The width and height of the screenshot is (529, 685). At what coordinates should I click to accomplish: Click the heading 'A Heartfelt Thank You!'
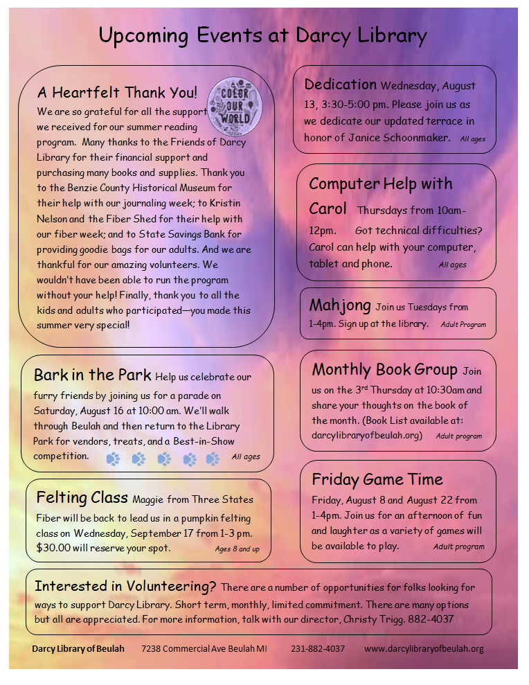click(117, 93)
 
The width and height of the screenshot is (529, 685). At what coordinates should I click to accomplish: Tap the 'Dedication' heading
click(340, 84)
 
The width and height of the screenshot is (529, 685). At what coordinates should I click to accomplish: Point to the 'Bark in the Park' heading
click(92, 375)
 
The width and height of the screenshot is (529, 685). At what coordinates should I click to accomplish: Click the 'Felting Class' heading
click(82, 498)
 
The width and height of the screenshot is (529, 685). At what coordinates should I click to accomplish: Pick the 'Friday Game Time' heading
click(377, 479)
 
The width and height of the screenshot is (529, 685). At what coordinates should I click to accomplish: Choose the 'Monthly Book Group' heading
click(384, 369)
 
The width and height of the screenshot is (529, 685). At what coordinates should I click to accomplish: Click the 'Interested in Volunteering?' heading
click(125, 586)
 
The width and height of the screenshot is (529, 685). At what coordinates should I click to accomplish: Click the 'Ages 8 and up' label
click(237, 549)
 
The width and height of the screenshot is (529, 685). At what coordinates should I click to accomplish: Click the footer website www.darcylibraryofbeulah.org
click(424, 649)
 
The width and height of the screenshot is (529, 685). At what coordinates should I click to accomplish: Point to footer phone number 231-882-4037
click(318, 649)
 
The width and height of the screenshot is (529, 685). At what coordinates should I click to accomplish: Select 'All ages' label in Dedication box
click(472, 139)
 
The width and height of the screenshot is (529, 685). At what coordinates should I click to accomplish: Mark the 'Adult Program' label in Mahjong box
click(463, 324)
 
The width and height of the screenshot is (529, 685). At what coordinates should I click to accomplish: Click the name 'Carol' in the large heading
click(328, 208)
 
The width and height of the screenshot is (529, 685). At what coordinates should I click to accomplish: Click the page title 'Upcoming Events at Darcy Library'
click(263, 36)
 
